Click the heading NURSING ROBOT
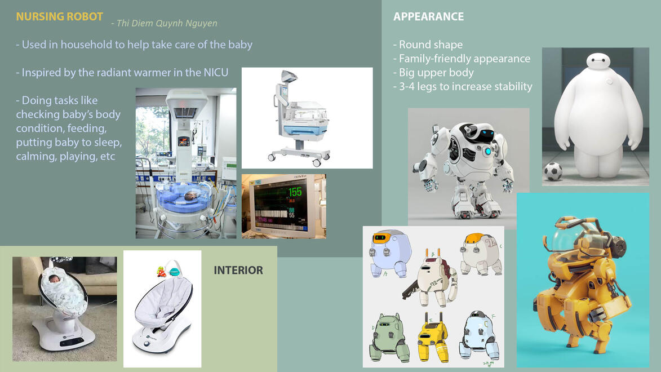click(x=59, y=16)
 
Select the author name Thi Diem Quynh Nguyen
click(x=167, y=23)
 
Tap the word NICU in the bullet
click(x=216, y=73)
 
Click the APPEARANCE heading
click(x=428, y=16)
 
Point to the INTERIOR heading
click(x=238, y=271)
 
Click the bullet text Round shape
click(x=431, y=45)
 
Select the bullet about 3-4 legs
click(x=463, y=86)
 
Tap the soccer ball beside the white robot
click(x=553, y=172)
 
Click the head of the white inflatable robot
click(x=598, y=61)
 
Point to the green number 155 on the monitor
click(x=295, y=192)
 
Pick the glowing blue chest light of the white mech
click(x=488, y=151)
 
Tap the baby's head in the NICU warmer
click(x=191, y=196)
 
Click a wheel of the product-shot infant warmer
click(x=317, y=162)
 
